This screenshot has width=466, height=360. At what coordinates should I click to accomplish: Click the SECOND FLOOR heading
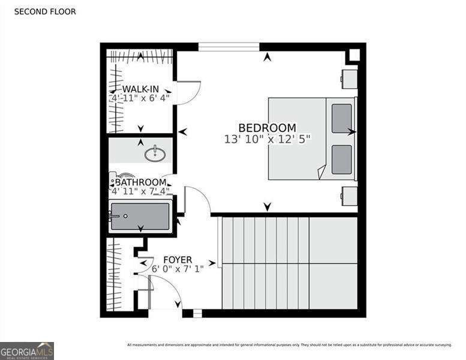[45, 11]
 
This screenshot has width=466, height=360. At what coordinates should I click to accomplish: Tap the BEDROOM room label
[267, 128]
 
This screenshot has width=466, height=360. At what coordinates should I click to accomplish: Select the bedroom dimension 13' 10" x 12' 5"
[267, 139]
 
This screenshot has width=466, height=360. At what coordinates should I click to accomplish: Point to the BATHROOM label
[140, 182]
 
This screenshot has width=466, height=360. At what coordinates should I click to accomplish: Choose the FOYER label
[178, 259]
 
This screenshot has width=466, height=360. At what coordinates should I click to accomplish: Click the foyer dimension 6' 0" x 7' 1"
[178, 269]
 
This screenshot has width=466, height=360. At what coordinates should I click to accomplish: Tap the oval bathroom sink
[155, 154]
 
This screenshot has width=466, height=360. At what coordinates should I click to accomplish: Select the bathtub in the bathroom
[140, 217]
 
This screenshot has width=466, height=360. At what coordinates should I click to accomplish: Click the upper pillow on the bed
[342, 118]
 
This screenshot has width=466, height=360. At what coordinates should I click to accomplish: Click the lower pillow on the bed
[342, 159]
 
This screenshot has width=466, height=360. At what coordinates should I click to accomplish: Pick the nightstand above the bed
[349, 79]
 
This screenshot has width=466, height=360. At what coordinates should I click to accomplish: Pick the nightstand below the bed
[349, 196]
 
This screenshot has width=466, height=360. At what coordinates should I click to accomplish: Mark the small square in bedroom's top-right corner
[354, 55]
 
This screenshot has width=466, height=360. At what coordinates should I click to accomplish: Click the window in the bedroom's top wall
[229, 46]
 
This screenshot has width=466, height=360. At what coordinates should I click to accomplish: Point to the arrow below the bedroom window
[267, 58]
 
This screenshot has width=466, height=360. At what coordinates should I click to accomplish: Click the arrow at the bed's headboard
[351, 131]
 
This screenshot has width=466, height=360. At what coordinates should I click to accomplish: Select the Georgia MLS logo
[27, 350]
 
